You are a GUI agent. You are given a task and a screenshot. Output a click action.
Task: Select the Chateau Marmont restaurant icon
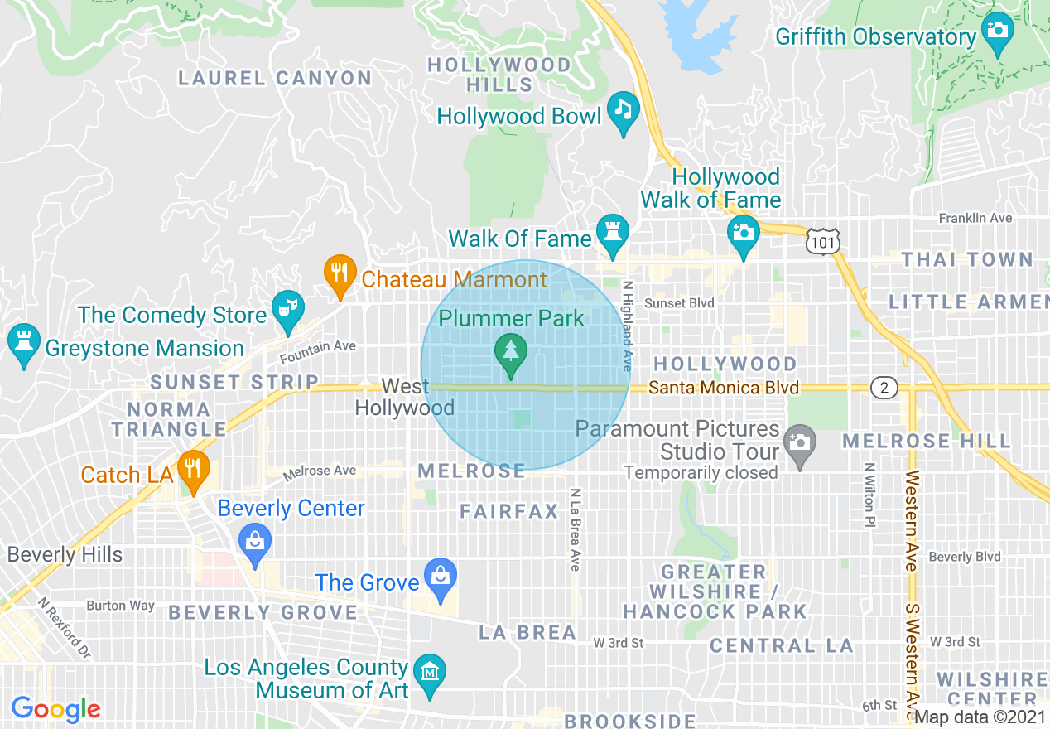tap(339, 274)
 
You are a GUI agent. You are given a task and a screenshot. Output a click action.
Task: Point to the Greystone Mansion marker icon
tap(23, 342)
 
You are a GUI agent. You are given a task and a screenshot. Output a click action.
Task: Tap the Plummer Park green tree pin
tap(511, 353)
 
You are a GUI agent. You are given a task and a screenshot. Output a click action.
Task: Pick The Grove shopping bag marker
tap(440, 577)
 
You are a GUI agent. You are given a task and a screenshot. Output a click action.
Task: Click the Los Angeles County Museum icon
tap(430, 672)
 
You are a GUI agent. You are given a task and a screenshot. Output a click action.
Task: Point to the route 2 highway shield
tap(884, 387)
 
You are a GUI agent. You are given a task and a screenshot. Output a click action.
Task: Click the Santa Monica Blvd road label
tap(723, 388)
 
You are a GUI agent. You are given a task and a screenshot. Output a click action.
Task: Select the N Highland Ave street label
tap(627, 326)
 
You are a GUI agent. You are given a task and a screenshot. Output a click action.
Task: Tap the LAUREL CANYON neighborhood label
tap(276, 79)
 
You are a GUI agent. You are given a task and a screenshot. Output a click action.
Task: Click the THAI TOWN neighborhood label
tap(967, 260)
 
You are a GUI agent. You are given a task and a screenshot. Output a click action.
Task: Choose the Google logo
tap(55, 709)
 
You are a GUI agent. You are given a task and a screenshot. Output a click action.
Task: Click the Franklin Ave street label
tap(975, 218)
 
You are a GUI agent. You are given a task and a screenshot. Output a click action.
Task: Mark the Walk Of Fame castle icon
tap(613, 233)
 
